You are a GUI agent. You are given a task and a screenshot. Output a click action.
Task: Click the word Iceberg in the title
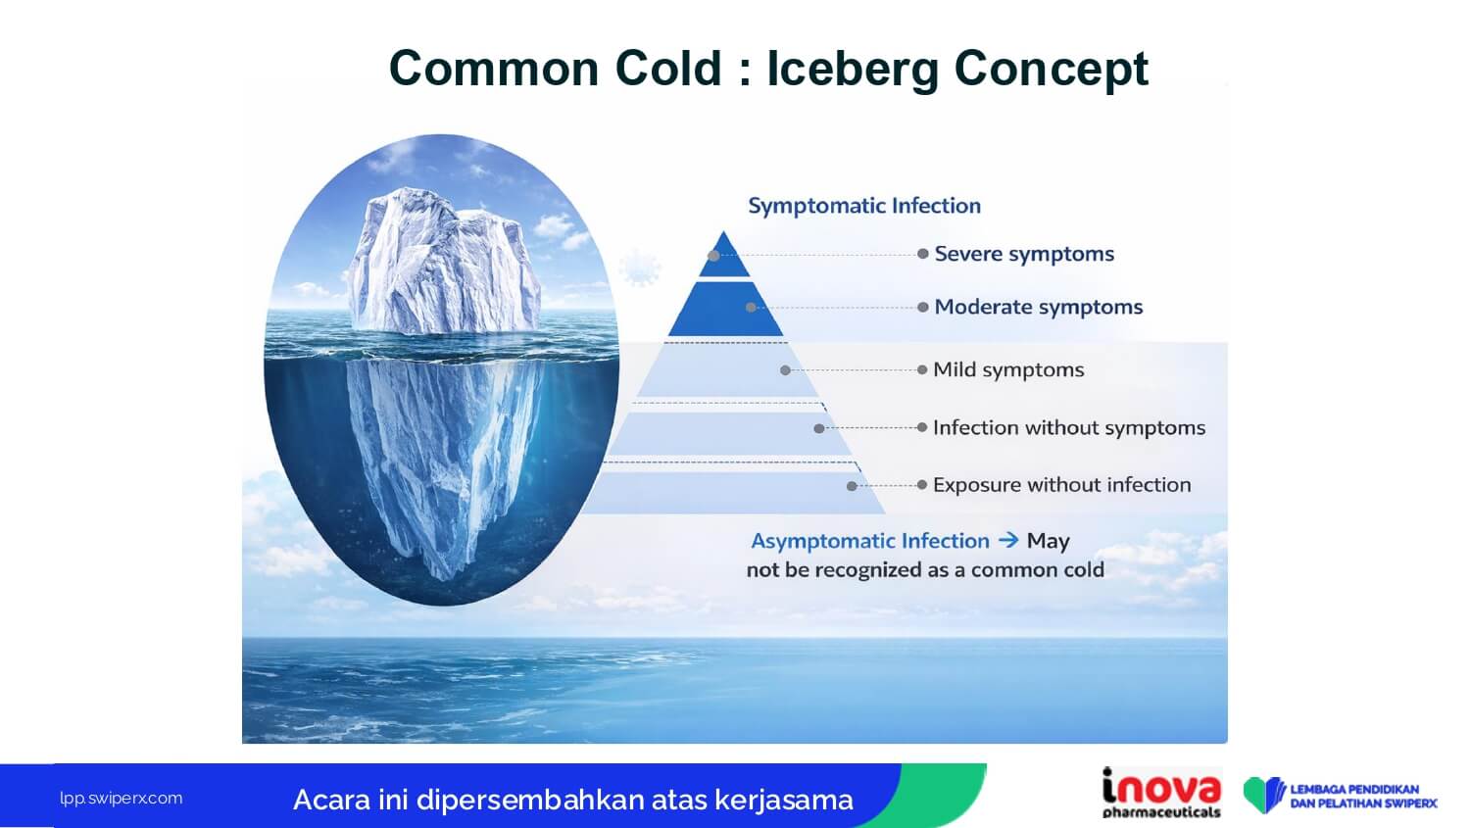click(854, 69)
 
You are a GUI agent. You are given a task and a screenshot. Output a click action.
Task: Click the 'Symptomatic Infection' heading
click(864, 206)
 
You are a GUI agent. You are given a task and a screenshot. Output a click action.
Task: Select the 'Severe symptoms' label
click(1024, 254)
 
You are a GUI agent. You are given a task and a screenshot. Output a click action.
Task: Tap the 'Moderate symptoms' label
click(1038, 307)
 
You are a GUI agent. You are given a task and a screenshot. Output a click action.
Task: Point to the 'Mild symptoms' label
click(1008, 370)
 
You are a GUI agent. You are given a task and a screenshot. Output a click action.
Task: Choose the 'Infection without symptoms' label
click(1069, 428)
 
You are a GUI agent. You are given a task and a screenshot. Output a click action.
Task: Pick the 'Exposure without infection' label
click(1061, 485)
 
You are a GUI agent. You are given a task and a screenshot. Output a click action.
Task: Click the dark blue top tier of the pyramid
click(724, 258)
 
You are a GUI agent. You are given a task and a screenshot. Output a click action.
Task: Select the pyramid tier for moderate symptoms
click(725, 309)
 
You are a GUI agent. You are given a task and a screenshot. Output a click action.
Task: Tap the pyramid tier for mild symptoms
click(727, 370)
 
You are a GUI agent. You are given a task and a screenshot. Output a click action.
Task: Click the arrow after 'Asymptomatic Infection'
click(1008, 540)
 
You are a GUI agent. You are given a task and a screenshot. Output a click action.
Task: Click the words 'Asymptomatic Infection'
click(870, 541)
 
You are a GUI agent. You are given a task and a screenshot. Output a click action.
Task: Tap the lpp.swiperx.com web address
click(122, 799)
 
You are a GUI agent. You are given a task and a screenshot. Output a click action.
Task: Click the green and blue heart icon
click(1264, 795)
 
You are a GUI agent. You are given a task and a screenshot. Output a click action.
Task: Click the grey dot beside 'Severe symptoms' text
click(923, 254)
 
